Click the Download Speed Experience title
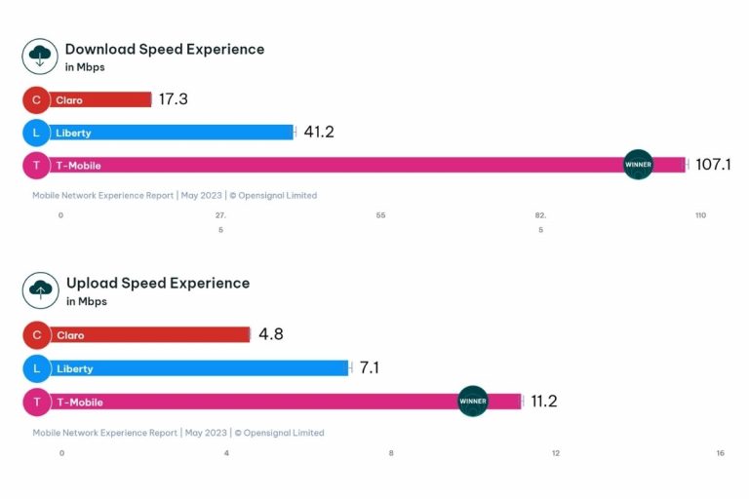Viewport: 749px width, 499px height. click(164, 49)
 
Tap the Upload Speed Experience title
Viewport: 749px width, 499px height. click(157, 283)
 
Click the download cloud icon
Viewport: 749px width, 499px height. click(40, 56)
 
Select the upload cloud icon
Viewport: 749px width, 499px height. click(40, 289)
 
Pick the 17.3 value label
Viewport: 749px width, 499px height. click(173, 99)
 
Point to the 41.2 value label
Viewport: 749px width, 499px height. click(318, 132)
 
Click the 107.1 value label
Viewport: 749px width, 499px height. click(713, 165)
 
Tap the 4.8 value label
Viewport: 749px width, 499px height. click(271, 334)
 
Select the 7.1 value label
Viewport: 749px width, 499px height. click(371, 367)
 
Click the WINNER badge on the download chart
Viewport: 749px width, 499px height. click(638, 165)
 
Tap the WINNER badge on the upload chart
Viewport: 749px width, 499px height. click(473, 401)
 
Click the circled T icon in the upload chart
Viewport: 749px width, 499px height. click(36, 402)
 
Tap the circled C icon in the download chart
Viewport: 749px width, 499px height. click(36, 99)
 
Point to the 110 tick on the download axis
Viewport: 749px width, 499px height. click(700, 215)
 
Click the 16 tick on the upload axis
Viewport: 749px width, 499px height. click(720, 453)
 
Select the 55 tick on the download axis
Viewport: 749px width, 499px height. click(379, 215)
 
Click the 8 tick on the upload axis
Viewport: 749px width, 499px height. click(391, 453)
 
